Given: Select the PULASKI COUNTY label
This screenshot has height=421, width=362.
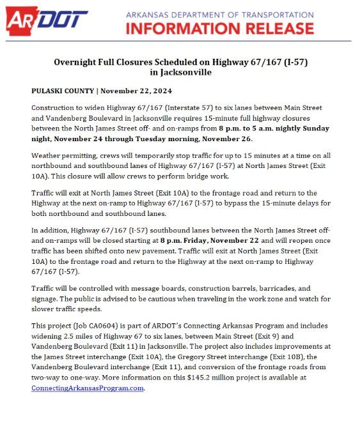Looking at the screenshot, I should [61, 90].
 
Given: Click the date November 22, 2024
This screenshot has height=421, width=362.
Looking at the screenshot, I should [130, 90].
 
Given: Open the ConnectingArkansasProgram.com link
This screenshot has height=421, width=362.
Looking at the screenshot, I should [88, 387].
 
